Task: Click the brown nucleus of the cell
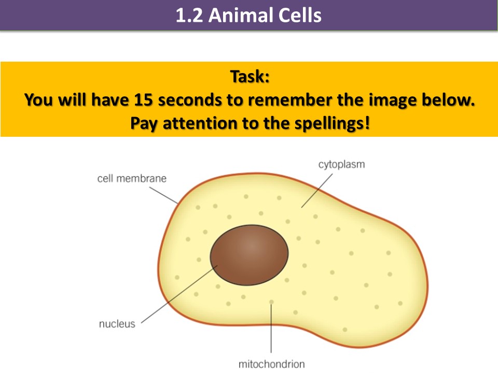(x=250, y=255)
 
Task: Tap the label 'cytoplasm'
(x=342, y=164)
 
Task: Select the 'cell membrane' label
(x=132, y=179)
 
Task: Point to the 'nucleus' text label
(x=117, y=324)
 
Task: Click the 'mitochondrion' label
(x=271, y=364)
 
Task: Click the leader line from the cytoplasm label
(x=316, y=191)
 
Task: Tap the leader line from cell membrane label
(x=163, y=195)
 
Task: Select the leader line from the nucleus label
(x=179, y=294)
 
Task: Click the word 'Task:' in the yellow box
(x=250, y=77)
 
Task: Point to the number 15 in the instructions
(x=143, y=99)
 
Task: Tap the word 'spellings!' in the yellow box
(x=332, y=124)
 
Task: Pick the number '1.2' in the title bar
(x=189, y=15)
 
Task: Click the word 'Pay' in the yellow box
(x=144, y=124)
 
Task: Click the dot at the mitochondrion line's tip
(x=271, y=302)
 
